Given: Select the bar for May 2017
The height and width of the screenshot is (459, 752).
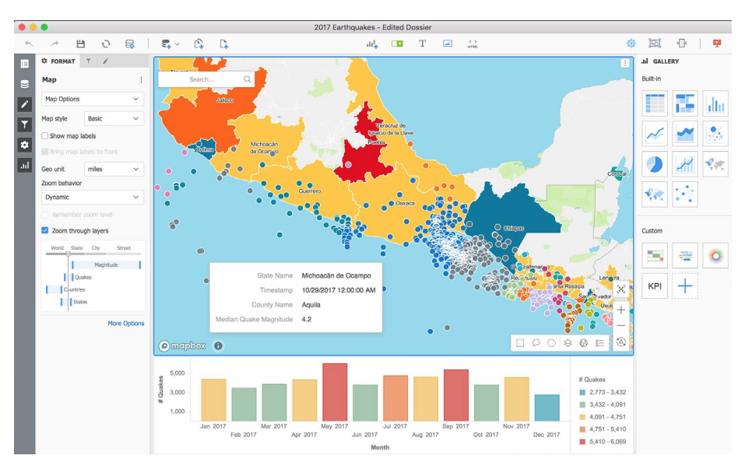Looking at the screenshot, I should (335, 392).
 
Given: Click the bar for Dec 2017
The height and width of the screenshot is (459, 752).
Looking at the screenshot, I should (546, 408).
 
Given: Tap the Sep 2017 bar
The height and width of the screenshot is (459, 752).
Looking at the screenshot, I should (455, 395).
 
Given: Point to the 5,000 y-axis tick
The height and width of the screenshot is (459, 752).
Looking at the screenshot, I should (176, 373).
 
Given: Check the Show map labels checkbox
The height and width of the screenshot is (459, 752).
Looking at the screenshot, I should (45, 136).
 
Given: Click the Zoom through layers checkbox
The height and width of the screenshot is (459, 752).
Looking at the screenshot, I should (45, 231).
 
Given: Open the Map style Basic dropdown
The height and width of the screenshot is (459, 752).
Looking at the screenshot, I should (114, 119).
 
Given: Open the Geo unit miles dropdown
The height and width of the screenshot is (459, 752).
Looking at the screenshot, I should (114, 169).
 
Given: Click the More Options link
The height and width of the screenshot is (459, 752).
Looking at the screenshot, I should (125, 324).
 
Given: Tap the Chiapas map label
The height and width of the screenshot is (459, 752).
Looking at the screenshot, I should (513, 228).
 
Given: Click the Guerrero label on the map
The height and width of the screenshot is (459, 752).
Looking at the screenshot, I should (309, 190).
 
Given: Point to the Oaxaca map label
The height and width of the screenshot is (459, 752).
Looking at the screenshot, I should (405, 203).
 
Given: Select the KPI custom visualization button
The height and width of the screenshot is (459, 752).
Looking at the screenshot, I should (655, 286).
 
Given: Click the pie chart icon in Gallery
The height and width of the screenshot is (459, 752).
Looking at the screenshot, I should (655, 163).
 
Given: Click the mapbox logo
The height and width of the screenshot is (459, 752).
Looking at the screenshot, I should (182, 346).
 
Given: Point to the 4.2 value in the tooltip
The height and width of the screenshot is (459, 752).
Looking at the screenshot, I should (306, 320).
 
